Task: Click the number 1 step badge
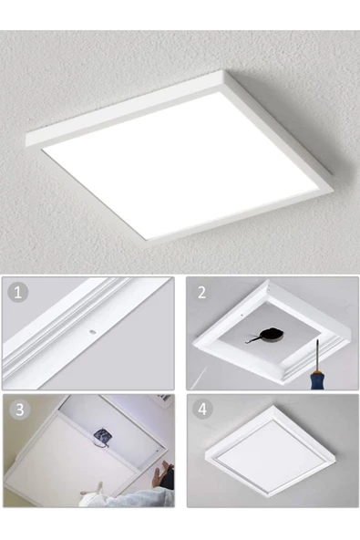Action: click(17, 293)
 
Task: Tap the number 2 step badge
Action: click(201, 292)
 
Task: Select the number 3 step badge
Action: click(20, 410)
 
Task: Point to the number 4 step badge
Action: click(202, 410)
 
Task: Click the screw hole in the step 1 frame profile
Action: click(92, 332)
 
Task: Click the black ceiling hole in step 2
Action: click(272, 333)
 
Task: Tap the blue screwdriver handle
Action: click(316, 379)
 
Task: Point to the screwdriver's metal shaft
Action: click(317, 355)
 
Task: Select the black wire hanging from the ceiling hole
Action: click(253, 340)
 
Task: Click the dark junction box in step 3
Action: click(101, 434)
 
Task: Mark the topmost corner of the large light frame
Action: click(225, 71)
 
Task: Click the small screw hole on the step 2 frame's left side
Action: click(242, 314)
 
